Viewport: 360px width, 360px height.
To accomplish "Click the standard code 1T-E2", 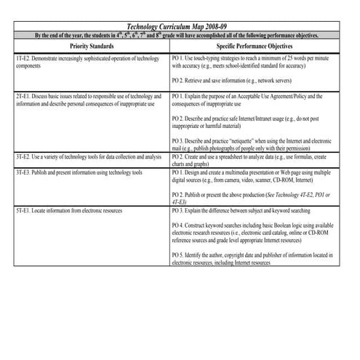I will click(x=23, y=56).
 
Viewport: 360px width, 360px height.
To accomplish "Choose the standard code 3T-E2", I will click(x=23, y=156).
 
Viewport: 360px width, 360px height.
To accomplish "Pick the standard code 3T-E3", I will click(x=23, y=172).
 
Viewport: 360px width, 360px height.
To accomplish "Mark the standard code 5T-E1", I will click(x=23, y=210).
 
